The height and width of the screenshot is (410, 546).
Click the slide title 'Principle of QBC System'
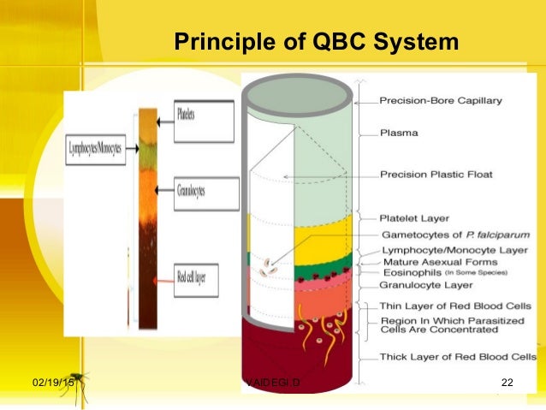(x=316, y=43)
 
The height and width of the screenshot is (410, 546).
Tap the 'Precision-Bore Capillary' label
(x=441, y=101)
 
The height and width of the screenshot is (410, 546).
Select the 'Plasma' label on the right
(x=398, y=134)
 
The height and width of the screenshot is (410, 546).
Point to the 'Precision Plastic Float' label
(x=437, y=175)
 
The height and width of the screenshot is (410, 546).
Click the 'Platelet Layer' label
(x=415, y=218)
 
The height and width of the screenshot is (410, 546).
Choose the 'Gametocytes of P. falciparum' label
(x=445, y=235)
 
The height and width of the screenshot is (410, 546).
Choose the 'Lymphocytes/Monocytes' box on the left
(x=95, y=148)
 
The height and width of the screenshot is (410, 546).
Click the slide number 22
(x=506, y=381)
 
